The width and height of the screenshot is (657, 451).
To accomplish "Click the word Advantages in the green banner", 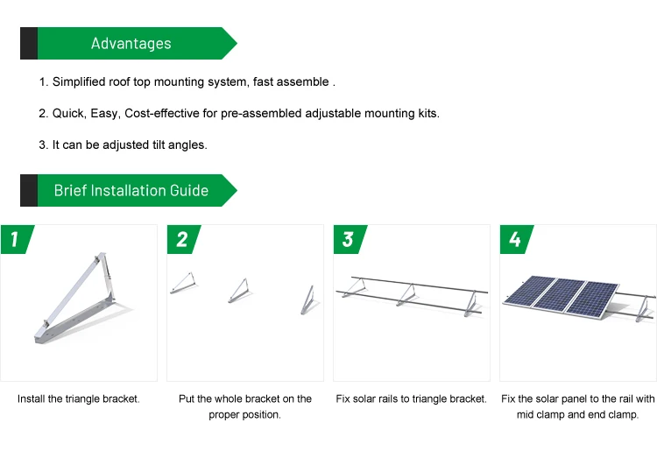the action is [131, 44].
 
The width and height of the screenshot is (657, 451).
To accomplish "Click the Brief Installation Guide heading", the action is [131, 191].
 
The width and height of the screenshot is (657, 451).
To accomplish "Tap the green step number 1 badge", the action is [17, 239].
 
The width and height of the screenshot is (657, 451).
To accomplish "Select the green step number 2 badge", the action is [183, 239].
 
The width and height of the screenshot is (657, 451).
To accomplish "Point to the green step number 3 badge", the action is [350, 239].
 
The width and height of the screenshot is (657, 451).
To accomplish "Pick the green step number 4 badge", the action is [516, 239].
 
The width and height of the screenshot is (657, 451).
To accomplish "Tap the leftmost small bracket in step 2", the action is [183, 283].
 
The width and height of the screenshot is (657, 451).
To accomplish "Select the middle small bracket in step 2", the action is [239, 291].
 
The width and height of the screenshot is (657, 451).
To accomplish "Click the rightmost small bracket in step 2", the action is [308, 299].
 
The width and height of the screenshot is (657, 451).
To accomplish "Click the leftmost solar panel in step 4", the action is [529, 291].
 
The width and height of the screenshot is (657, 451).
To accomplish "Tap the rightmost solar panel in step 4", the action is [591, 299].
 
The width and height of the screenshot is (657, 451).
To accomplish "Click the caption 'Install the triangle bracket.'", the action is [79, 399].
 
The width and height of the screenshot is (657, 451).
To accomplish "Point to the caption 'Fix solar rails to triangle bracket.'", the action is [412, 399].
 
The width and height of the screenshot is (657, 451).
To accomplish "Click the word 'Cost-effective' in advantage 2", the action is [162, 114].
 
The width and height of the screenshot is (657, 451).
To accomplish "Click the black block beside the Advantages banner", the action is [29, 43].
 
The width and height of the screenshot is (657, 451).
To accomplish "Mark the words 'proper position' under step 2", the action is [244, 415].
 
